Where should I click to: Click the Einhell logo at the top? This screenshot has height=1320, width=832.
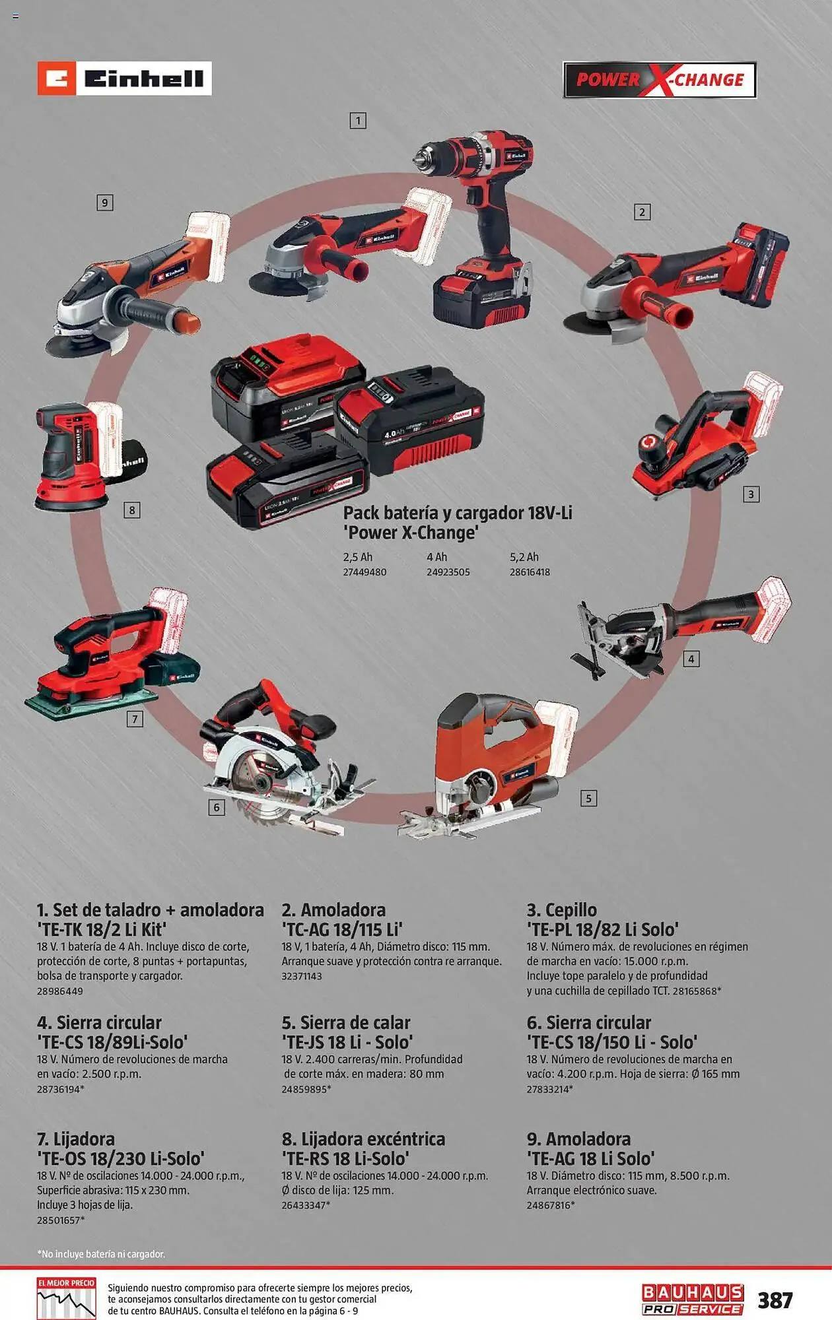124,79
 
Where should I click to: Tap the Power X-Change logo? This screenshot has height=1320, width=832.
660,80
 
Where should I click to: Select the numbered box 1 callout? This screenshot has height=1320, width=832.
358,121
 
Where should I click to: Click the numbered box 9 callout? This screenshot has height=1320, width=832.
104,203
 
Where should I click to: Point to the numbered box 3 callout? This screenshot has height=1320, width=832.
751,494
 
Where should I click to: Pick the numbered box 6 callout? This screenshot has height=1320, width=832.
217,807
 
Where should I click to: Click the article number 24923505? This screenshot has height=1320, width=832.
448,572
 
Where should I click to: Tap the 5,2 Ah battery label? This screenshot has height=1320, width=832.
524,557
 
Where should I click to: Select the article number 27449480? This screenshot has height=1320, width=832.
364,572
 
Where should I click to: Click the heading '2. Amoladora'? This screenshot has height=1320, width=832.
333,910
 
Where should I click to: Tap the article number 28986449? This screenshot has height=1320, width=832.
60,991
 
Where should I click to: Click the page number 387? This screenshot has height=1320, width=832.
775,1300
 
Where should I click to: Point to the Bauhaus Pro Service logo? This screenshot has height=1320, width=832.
693,1300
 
